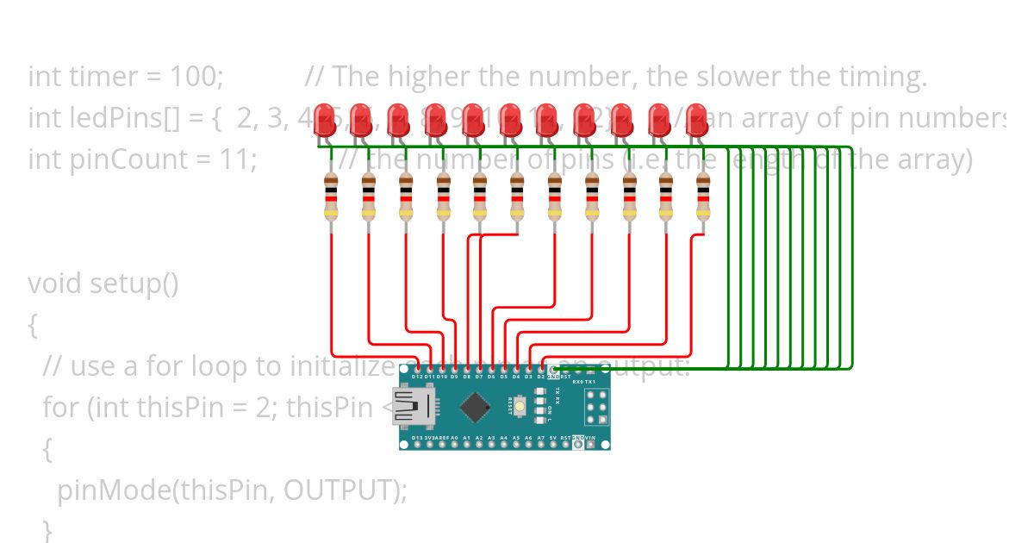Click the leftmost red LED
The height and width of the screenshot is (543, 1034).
325,119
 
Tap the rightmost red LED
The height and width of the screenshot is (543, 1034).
696,119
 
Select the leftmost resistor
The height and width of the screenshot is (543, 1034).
331,197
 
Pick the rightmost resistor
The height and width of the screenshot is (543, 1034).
703,197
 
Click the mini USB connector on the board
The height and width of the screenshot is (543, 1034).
414,407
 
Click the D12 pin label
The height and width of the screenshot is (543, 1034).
417,377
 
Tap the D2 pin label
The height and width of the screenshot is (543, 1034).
541,377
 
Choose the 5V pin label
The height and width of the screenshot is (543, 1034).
553,438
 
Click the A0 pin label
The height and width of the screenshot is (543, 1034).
454,438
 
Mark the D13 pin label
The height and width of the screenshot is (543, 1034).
417,438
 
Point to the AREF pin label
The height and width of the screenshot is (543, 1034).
441,438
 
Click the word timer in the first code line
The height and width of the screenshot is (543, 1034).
87,77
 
